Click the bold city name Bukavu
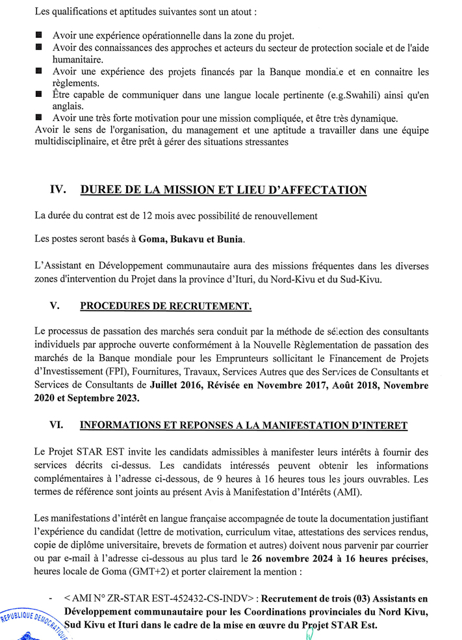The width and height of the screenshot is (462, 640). pyautogui.click(x=193, y=239)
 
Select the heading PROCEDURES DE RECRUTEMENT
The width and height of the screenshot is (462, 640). pyautogui.click(x=166, y=306)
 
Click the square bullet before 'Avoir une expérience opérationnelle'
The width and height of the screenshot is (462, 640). pyautogui.click(x=39, y=34)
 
